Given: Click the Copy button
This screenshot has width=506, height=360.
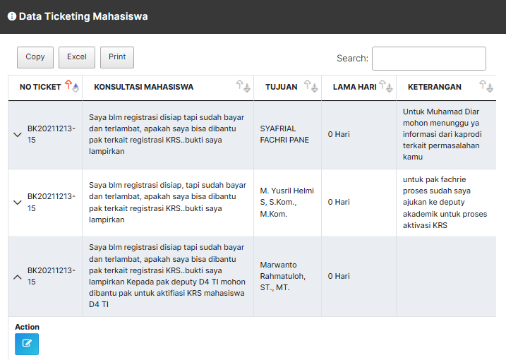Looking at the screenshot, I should [x=35, y=57].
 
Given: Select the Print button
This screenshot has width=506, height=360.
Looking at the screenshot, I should [x=117, y=57].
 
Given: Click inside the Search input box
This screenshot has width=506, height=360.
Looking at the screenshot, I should [x=428, y=59].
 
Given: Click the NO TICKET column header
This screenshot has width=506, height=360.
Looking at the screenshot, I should [x=40, y=88].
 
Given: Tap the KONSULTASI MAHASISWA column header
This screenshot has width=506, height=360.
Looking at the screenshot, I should [x=143, y=88].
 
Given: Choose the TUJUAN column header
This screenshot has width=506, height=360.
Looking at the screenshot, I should [x=281, y=88].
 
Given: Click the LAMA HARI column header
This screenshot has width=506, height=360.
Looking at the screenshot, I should [x=354, y=88].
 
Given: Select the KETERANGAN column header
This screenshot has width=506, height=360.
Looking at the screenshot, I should [x=435, y=88].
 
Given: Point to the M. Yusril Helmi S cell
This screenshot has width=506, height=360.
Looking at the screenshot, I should [x=287, y=202].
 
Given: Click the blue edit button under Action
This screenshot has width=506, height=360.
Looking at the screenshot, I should [x=27, y=344].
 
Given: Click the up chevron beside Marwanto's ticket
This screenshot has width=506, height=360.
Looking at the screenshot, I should [x=18, y=277].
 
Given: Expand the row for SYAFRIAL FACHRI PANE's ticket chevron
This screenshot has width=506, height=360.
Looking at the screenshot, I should [x=18, y=135].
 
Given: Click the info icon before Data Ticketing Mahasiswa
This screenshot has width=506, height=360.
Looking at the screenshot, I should [x=11, y=16].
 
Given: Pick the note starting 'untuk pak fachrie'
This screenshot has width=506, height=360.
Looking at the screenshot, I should [x=445, y=202].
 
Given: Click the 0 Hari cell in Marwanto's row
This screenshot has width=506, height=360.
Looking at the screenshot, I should [x=339, y=276].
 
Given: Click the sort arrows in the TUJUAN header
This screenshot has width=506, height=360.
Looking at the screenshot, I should [x=311, y=87].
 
